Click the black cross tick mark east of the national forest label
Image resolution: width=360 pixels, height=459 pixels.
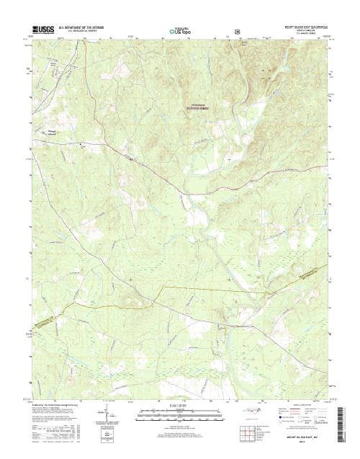[x=229, y=159]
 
